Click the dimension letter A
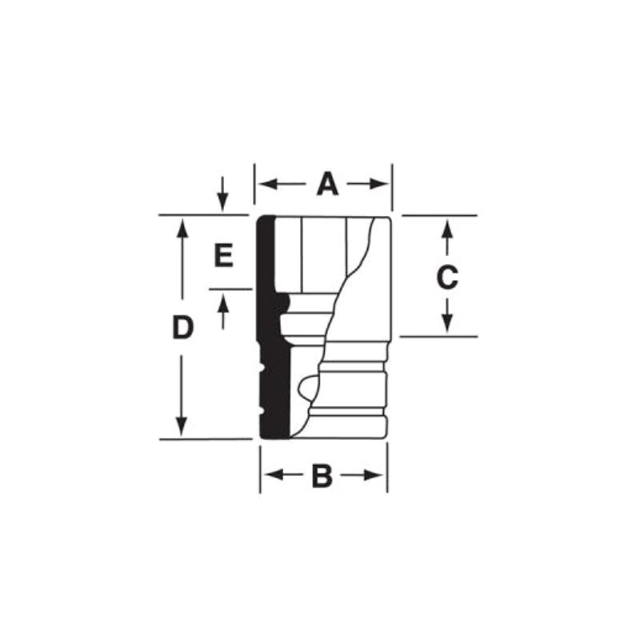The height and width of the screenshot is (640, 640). coord(327,185)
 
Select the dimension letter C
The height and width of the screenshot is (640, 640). coord(446,278)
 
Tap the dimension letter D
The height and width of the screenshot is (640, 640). coord(183,327)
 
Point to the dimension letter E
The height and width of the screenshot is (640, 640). coord(223,256)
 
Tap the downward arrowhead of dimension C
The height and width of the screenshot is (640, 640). coord(448,325)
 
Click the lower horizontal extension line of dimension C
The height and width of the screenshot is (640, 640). coord(438,336)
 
